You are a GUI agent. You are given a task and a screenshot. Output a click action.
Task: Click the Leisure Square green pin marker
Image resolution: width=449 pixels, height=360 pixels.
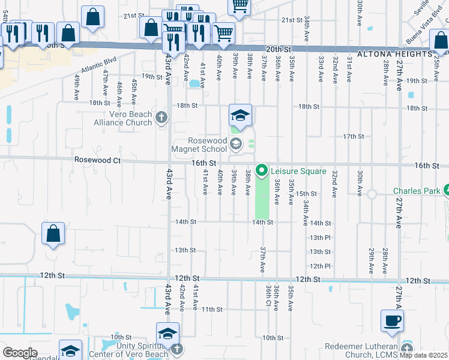261,171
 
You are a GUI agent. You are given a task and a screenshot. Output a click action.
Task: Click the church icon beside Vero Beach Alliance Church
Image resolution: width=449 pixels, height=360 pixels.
160,117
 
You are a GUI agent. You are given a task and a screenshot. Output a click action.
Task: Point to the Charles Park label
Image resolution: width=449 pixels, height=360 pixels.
417,191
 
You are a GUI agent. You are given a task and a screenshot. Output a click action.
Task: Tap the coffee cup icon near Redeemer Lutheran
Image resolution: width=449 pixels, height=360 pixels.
392,320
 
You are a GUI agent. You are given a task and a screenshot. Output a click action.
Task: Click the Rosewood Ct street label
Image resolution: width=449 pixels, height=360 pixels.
97,161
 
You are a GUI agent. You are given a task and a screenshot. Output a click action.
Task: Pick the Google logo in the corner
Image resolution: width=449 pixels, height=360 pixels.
20,352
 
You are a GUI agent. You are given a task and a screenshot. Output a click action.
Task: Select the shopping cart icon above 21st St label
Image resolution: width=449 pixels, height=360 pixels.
240,5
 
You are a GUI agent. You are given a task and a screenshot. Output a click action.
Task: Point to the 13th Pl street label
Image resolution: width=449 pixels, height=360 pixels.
320,238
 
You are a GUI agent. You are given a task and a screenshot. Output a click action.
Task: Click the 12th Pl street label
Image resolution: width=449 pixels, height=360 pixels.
320,266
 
